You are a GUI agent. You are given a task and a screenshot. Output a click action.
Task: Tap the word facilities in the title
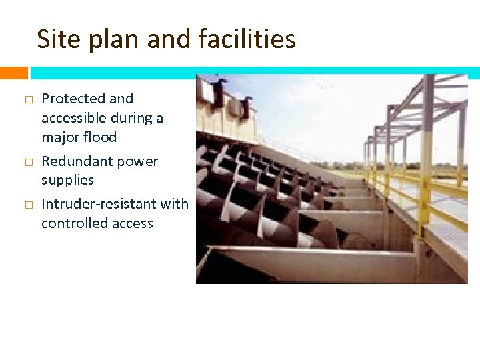247,39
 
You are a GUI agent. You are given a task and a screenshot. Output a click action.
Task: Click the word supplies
67,181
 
